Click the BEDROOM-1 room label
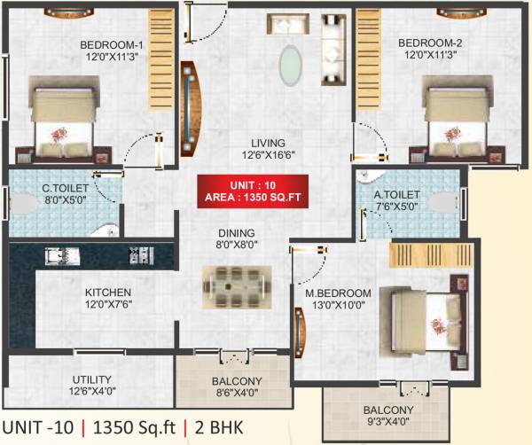[113, 44]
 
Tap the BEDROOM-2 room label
[430, 43]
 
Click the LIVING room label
[267, 142]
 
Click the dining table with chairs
[235, 285]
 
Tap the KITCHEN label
[108, 293]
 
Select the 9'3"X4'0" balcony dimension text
[387, 422]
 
